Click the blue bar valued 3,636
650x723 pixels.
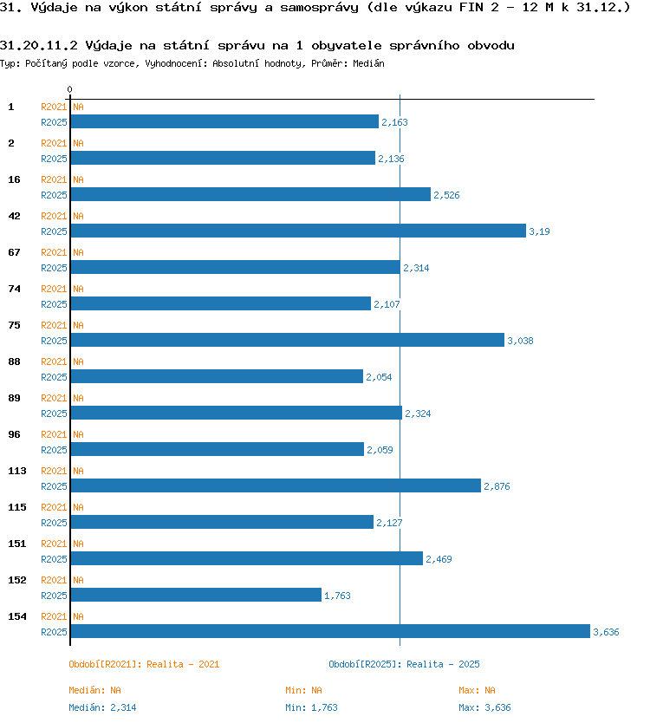[x=330, y=631]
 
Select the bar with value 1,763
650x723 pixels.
[x=196, y=595]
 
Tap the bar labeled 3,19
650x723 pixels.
[x=298, y=231]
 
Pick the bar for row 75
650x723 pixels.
[x=287, y=340]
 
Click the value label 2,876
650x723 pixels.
[x=497, y=486]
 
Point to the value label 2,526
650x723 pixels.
[x=446, y=195]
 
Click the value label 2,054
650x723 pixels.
[x=379, y=377]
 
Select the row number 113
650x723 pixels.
[x=17, y=471]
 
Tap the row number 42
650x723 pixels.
[x=14, y=216]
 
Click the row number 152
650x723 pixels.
[x=17, y=580]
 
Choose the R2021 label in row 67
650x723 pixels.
[x=54, y=252]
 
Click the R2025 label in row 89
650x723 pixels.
[x=54, y=414]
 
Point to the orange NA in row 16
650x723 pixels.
[x=78, y=179]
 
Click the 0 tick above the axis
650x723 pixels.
[x=69, y=89]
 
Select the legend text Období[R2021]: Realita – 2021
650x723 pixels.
[x=144, y=664]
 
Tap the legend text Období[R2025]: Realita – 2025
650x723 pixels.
[x=404, y=664]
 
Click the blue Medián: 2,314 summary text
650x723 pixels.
[x=102, y=707]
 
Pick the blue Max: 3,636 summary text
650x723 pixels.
[x=485, y=707]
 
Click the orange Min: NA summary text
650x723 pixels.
[x=304, y=690]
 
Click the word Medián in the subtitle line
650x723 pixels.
[x=369, y=63]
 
